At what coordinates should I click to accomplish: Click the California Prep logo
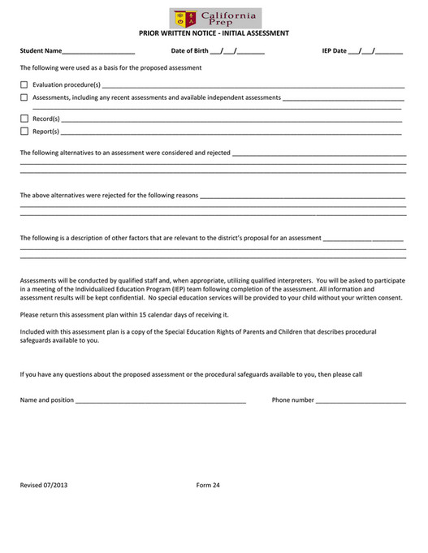[215, 18]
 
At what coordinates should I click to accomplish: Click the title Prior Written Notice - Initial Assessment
[214, 33]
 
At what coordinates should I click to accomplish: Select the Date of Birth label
[189, 51]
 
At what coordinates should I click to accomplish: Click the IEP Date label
[334, 51]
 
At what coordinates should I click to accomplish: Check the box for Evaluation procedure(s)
[24, 84]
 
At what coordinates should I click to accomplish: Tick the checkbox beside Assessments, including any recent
[24, 97]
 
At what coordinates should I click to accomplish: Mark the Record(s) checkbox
[24, 119]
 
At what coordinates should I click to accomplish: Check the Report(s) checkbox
[24, 132]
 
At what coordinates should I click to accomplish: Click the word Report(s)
[45, 132]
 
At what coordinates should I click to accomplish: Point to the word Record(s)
[45, 119]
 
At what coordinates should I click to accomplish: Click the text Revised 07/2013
[44, 486]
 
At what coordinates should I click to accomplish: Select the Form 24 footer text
[208, 486]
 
